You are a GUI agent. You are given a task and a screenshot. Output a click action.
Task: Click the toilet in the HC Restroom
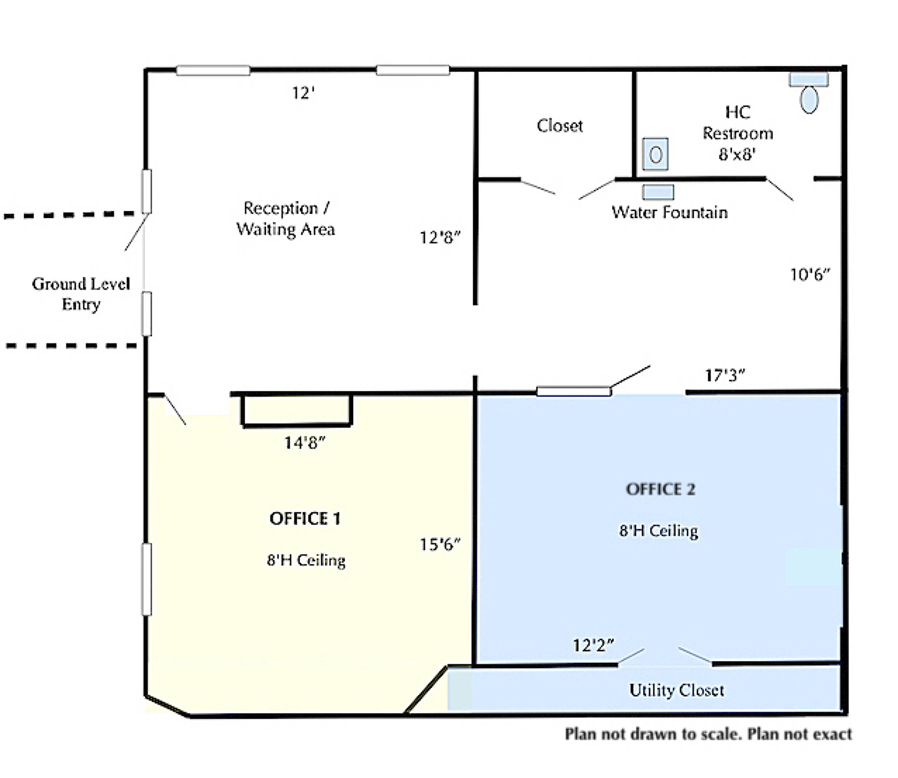tap(809, 93)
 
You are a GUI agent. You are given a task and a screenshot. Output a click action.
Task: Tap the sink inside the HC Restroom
tap(655, 154)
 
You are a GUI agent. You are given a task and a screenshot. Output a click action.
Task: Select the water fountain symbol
tap(658, 192)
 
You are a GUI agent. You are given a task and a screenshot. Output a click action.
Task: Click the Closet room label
tap(560, 126)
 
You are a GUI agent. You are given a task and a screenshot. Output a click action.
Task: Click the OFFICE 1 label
tap(305, 519)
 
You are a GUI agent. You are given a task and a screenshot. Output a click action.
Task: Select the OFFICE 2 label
tap(660, 489)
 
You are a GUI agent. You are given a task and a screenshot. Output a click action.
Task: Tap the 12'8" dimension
tap(440, 237)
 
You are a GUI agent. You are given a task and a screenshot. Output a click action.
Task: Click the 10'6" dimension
tap(810, 274)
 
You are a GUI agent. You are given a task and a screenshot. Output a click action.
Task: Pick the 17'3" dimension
tap(725, 375)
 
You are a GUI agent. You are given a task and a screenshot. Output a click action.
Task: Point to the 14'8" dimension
tap(304, 443)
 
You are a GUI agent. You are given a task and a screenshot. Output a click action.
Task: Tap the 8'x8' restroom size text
tap(737, 154)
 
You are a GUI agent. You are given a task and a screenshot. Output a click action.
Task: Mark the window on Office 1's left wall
tap(147, 579)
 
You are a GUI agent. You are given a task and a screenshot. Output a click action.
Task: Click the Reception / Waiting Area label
tap(285, 218)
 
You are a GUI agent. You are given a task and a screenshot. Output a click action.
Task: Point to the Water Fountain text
tap(670, 212)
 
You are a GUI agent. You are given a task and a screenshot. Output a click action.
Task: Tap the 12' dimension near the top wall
tap(303, 93)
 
